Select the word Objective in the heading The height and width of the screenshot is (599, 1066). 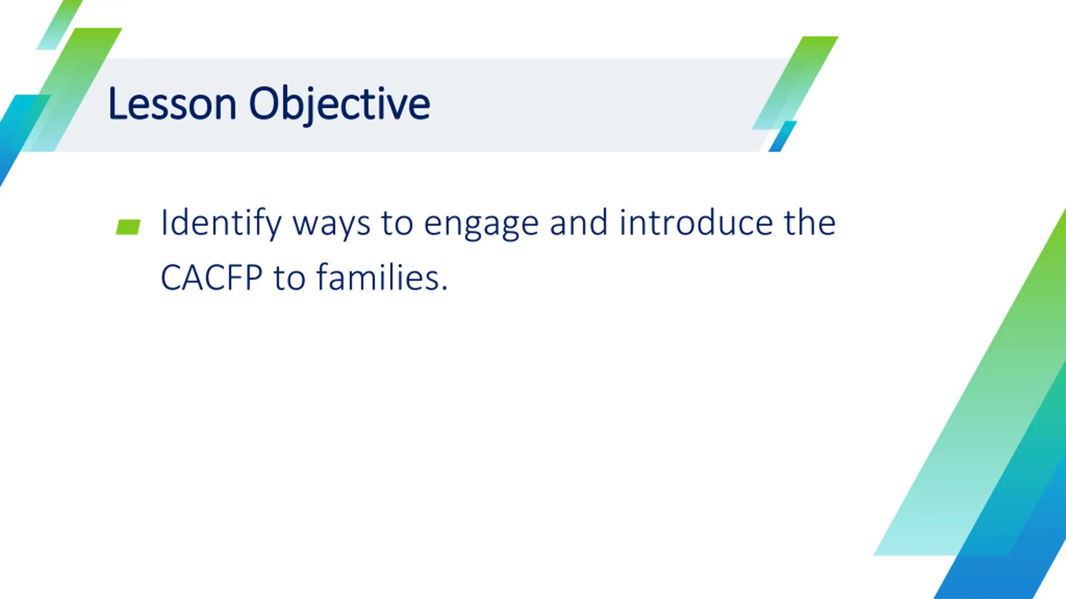(x=339, y=105)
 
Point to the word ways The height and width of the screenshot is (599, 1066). (x=331, y=226)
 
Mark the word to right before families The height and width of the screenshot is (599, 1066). (x=289, y=278)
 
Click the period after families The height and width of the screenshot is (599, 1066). (x=444, y=288)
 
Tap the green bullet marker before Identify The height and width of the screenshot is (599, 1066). (x=128, y=227)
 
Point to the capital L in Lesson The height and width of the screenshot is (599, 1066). (x=118, y=103)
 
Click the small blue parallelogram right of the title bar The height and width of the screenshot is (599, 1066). (x=782, y=136)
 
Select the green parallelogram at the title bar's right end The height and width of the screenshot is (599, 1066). (x=795, y=83)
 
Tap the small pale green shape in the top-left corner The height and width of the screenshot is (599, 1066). (x=60, y=25)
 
